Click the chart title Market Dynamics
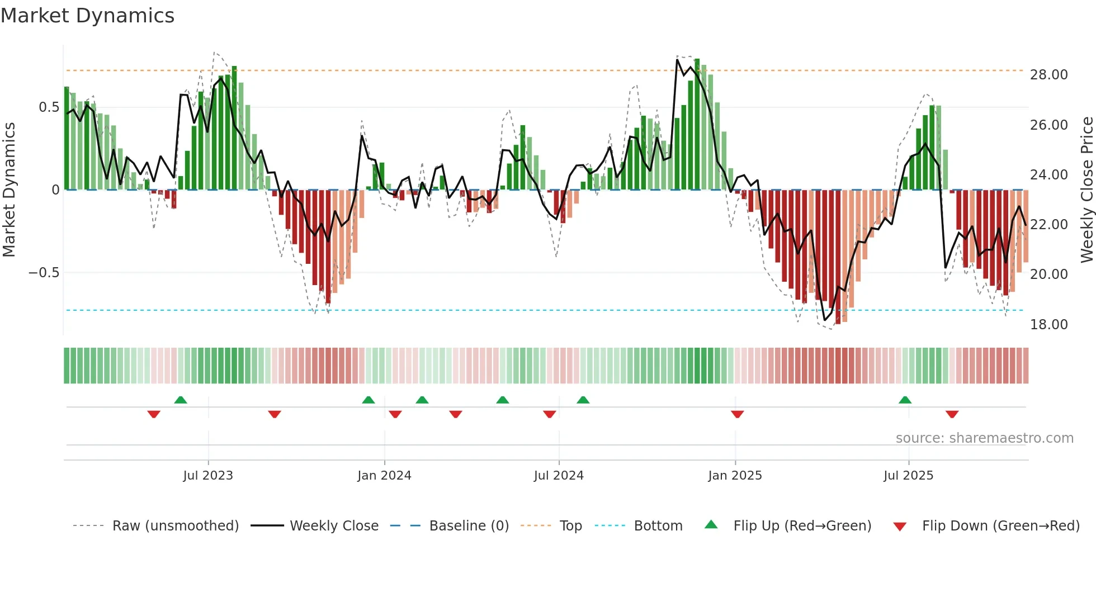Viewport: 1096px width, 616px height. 87,16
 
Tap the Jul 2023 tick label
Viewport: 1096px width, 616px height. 208,475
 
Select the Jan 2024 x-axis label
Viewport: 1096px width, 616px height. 384,475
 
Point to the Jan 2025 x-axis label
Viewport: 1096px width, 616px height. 735,475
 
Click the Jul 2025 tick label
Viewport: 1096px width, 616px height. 908,475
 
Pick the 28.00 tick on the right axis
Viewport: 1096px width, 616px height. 1048,74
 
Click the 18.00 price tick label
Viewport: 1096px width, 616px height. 1048,324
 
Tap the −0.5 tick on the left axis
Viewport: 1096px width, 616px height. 44,273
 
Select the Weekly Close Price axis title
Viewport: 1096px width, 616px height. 1086,189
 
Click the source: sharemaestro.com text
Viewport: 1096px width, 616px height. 984,438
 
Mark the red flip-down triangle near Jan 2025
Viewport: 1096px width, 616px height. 737,414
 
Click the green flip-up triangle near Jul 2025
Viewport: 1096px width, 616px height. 905,400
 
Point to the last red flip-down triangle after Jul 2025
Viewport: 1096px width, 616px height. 952,414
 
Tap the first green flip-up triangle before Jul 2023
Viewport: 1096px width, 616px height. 180,400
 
